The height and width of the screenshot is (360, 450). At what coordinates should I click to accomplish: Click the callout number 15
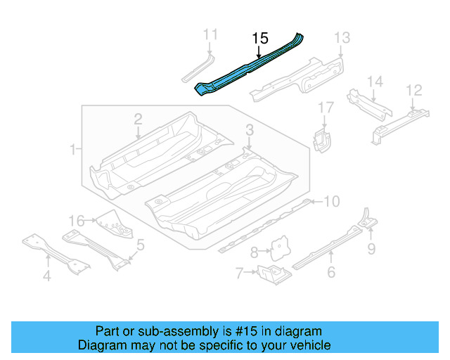pyautogui.click(x=260, y=39)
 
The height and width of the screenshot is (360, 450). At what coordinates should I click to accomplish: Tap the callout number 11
pyautogui.click(x=210, y=34)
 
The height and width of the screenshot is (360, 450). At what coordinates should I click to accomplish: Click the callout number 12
pyautogui.click(x=414, y=89)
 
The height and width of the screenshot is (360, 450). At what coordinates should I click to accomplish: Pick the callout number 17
pyautogui.click(x=325, y=108)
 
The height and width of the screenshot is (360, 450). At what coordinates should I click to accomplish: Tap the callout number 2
pyautogui.click(x=139, y=119)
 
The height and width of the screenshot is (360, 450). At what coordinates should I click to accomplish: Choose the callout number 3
pyautogui.click(x=250, y=129)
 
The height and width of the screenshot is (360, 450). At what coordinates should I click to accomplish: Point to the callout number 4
pyautogui.click(x=46, y=276)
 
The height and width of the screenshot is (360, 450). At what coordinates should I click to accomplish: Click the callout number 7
pyautogui.click(x=239, y=272)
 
